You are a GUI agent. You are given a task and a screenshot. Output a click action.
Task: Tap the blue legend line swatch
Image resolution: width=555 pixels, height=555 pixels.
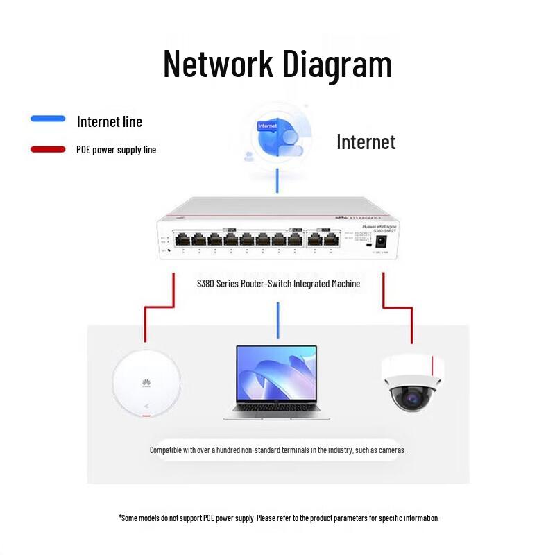48,119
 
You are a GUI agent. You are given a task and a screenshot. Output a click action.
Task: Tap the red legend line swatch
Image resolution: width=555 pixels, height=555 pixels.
48,149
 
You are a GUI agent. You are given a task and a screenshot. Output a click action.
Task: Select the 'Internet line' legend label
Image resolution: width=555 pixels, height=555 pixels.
110,122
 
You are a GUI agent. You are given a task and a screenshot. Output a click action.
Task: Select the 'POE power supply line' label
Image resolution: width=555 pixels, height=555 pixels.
116,150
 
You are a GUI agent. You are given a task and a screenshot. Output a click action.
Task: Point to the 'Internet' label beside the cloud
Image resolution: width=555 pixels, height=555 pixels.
366,142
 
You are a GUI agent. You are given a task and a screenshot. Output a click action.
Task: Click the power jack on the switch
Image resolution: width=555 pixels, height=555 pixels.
380,241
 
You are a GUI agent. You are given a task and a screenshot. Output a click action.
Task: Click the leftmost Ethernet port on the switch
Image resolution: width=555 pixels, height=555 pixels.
182,240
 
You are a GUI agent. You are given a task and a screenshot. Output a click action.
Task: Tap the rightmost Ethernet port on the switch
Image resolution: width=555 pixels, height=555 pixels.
332,240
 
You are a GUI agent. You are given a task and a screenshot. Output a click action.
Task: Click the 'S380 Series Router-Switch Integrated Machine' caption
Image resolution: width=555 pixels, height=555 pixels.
278,283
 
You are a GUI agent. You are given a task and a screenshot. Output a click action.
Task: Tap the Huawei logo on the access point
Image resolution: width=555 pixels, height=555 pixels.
146,382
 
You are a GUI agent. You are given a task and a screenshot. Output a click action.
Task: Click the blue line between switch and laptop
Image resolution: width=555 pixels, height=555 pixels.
277,320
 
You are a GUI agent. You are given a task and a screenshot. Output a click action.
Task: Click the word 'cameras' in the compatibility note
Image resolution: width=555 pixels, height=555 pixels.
391,450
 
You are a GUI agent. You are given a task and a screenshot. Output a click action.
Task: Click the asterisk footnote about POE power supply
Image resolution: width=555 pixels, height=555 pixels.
278,518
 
